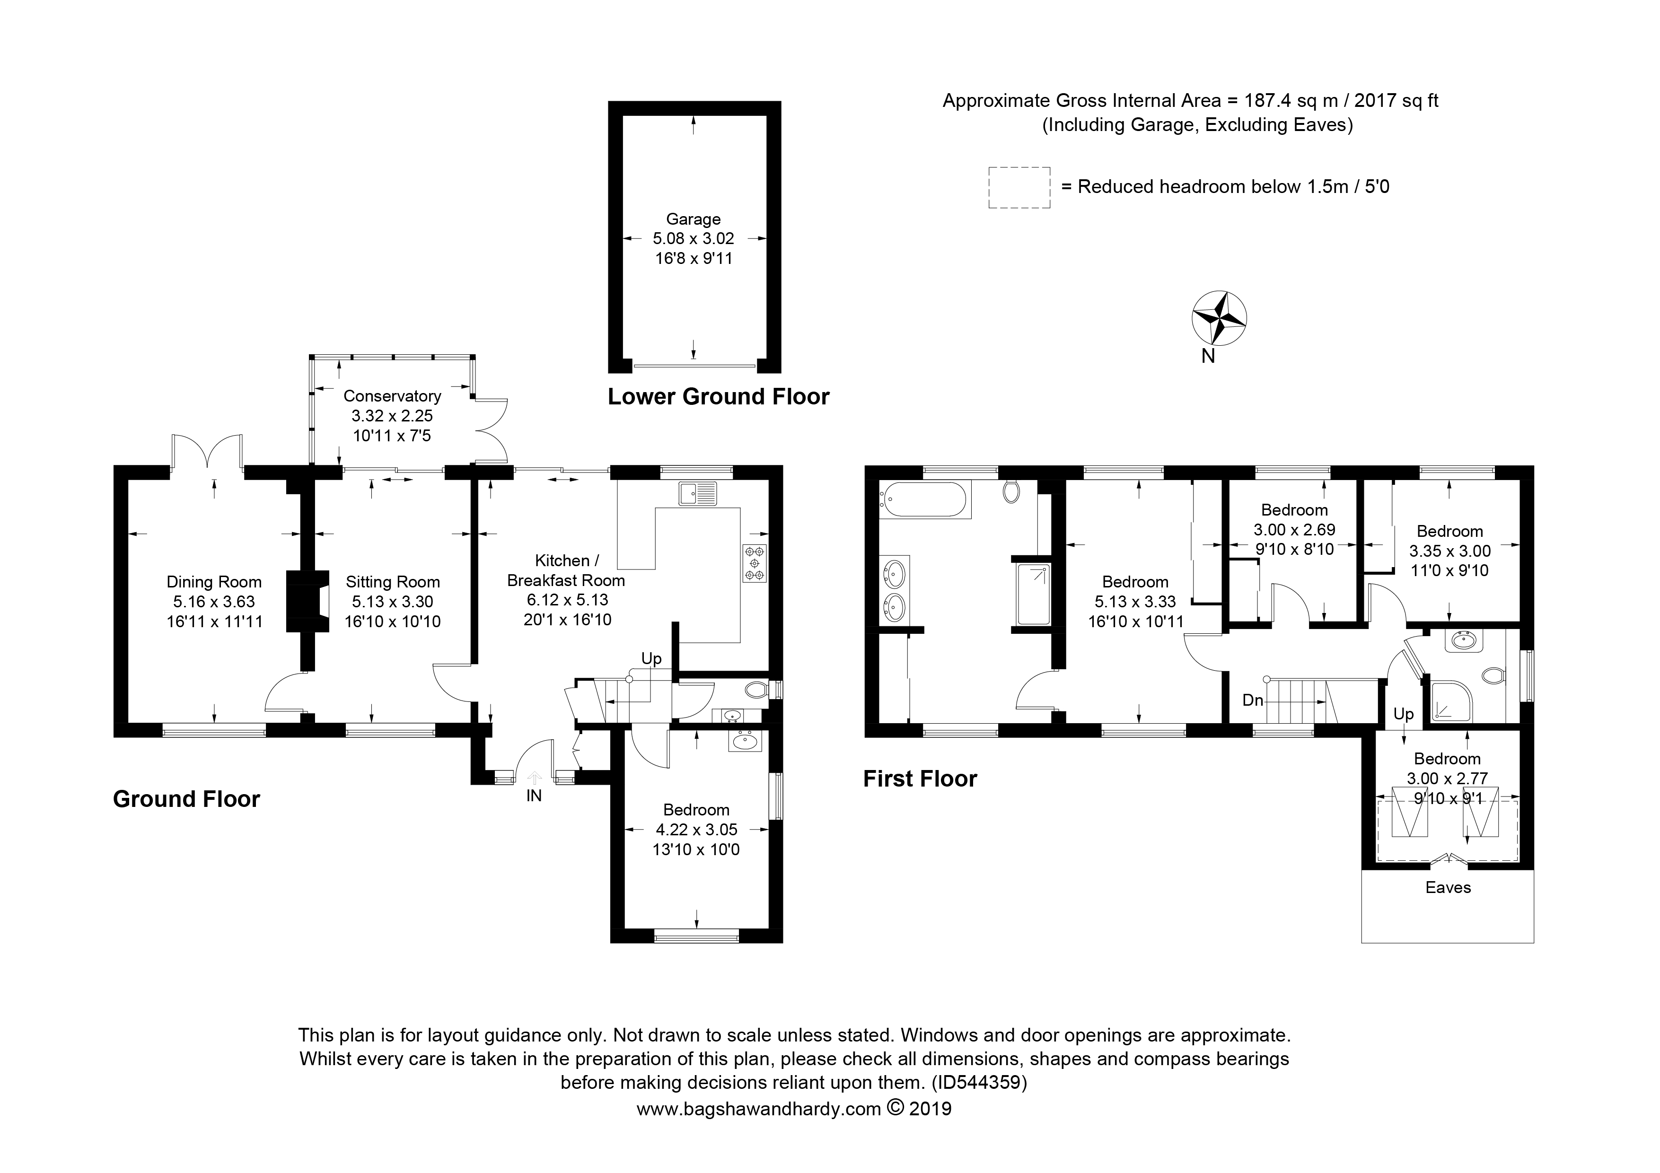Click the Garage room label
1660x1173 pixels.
tap(694, 219)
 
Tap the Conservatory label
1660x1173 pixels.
tap(392, 396)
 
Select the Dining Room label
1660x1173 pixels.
tap(214, 582)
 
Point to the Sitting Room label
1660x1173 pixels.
tap(393, 582)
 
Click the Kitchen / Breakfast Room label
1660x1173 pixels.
tap(566, 570)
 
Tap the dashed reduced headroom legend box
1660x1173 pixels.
tap(1019, 188)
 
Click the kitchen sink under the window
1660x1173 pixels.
tap(697, 494)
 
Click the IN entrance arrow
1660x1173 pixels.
tap(534, 777)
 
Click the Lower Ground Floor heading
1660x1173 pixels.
tap(718, 397)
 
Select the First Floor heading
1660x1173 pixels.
tap(920, 779)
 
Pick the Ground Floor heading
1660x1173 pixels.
tap(186, 799)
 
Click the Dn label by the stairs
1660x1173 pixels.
tap(1253, 700)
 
